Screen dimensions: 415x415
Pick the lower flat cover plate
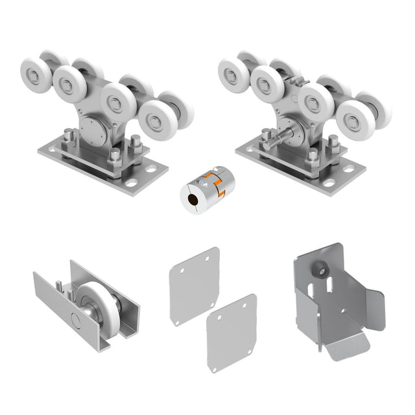point(231,333)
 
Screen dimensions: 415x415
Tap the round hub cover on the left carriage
point(94,130)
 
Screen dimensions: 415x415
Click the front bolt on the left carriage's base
point(115,156)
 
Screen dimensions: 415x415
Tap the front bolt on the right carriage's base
point(313,155)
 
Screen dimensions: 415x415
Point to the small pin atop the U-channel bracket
point(59,283)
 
